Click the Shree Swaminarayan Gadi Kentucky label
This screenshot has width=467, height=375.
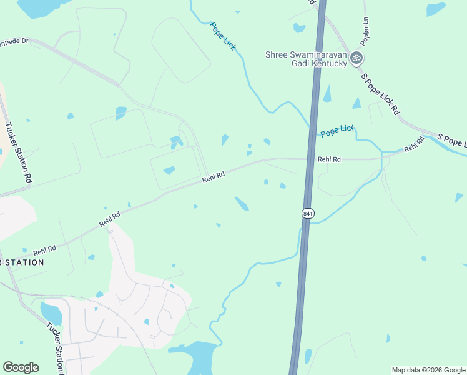307,59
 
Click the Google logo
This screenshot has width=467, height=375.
21,367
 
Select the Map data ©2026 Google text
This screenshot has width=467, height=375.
428,370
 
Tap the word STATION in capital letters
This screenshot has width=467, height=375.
24,262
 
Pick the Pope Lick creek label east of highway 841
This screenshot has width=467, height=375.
337,131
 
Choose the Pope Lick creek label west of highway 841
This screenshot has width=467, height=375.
223,36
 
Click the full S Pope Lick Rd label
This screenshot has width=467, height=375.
380,94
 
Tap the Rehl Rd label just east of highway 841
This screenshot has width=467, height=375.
329,159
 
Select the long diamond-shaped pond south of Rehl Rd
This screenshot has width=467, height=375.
242,204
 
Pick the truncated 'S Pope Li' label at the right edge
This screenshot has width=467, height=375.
451,140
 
